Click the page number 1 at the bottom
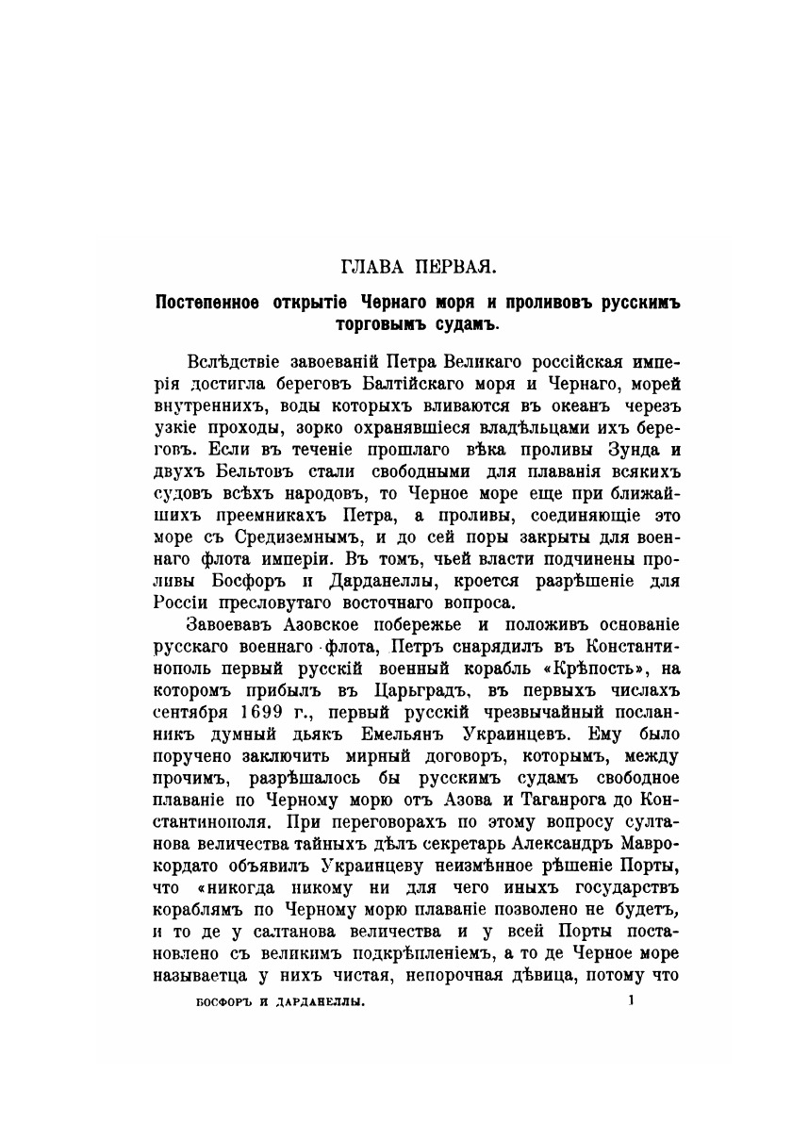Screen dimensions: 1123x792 tap(632, 1003)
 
